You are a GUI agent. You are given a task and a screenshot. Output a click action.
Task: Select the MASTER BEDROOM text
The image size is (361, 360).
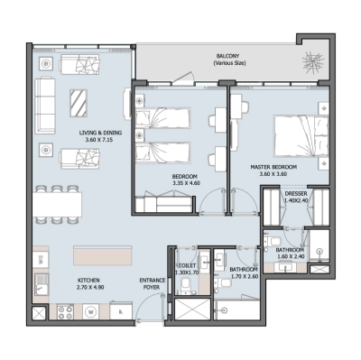pos(274,168)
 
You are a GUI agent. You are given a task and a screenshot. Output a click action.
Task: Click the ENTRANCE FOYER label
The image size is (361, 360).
pos(152,284)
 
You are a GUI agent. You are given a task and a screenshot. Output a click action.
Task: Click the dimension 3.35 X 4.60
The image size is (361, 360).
pos(185,183)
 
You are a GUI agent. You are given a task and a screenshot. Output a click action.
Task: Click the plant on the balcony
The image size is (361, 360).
pos(313,64)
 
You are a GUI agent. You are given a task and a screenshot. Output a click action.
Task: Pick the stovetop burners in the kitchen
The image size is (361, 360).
pos(65,312)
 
